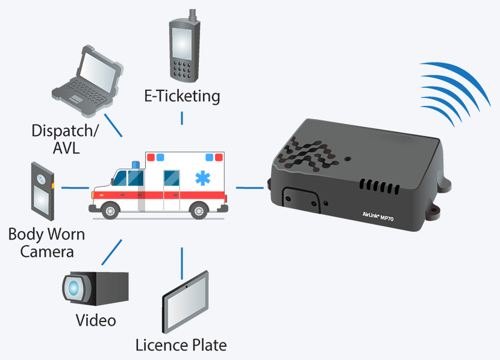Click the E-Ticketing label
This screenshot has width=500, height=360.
tap(182, 96)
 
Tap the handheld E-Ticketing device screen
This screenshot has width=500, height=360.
tap(182, 43)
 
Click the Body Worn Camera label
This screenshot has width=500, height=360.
tap(47, 242)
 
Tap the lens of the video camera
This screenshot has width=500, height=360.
tap(74, 288)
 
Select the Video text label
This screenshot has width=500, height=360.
tap(96, 320)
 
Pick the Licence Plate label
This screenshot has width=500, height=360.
tap(181, 345)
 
